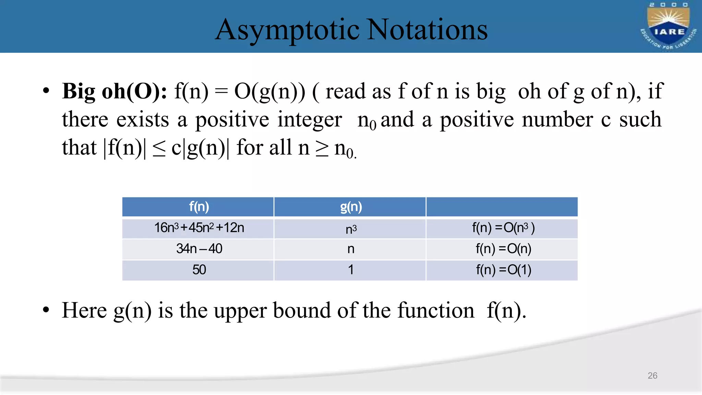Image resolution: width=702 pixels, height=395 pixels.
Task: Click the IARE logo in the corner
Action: tap(668, 26)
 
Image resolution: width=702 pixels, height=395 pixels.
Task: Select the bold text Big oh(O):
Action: tap(114, 92)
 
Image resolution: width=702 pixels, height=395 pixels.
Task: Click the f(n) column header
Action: tap(198, 207)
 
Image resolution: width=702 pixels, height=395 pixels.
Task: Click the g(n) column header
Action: tap(351, 207)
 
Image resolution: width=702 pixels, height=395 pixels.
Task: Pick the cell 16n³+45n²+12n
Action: tap(199, 228)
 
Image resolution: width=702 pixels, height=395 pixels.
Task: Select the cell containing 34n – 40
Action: tap(199, 249)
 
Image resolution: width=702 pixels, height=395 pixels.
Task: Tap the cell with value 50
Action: tap(199, 270)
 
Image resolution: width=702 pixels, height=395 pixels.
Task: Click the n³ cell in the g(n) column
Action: tap(351, 229)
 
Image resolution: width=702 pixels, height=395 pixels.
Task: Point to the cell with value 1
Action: tap(351, 270)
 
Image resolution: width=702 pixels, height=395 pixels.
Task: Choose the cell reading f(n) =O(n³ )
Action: tap(503, 228)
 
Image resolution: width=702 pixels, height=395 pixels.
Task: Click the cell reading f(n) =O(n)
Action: tap(503, 249)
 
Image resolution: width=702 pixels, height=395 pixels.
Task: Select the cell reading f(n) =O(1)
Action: tap(503, 270)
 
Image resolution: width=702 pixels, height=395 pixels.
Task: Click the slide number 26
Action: tap(652, 375)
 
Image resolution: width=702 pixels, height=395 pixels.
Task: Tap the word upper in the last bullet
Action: tap(240, 311)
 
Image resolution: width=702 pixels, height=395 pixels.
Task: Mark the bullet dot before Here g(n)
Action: tap(46, 310)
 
